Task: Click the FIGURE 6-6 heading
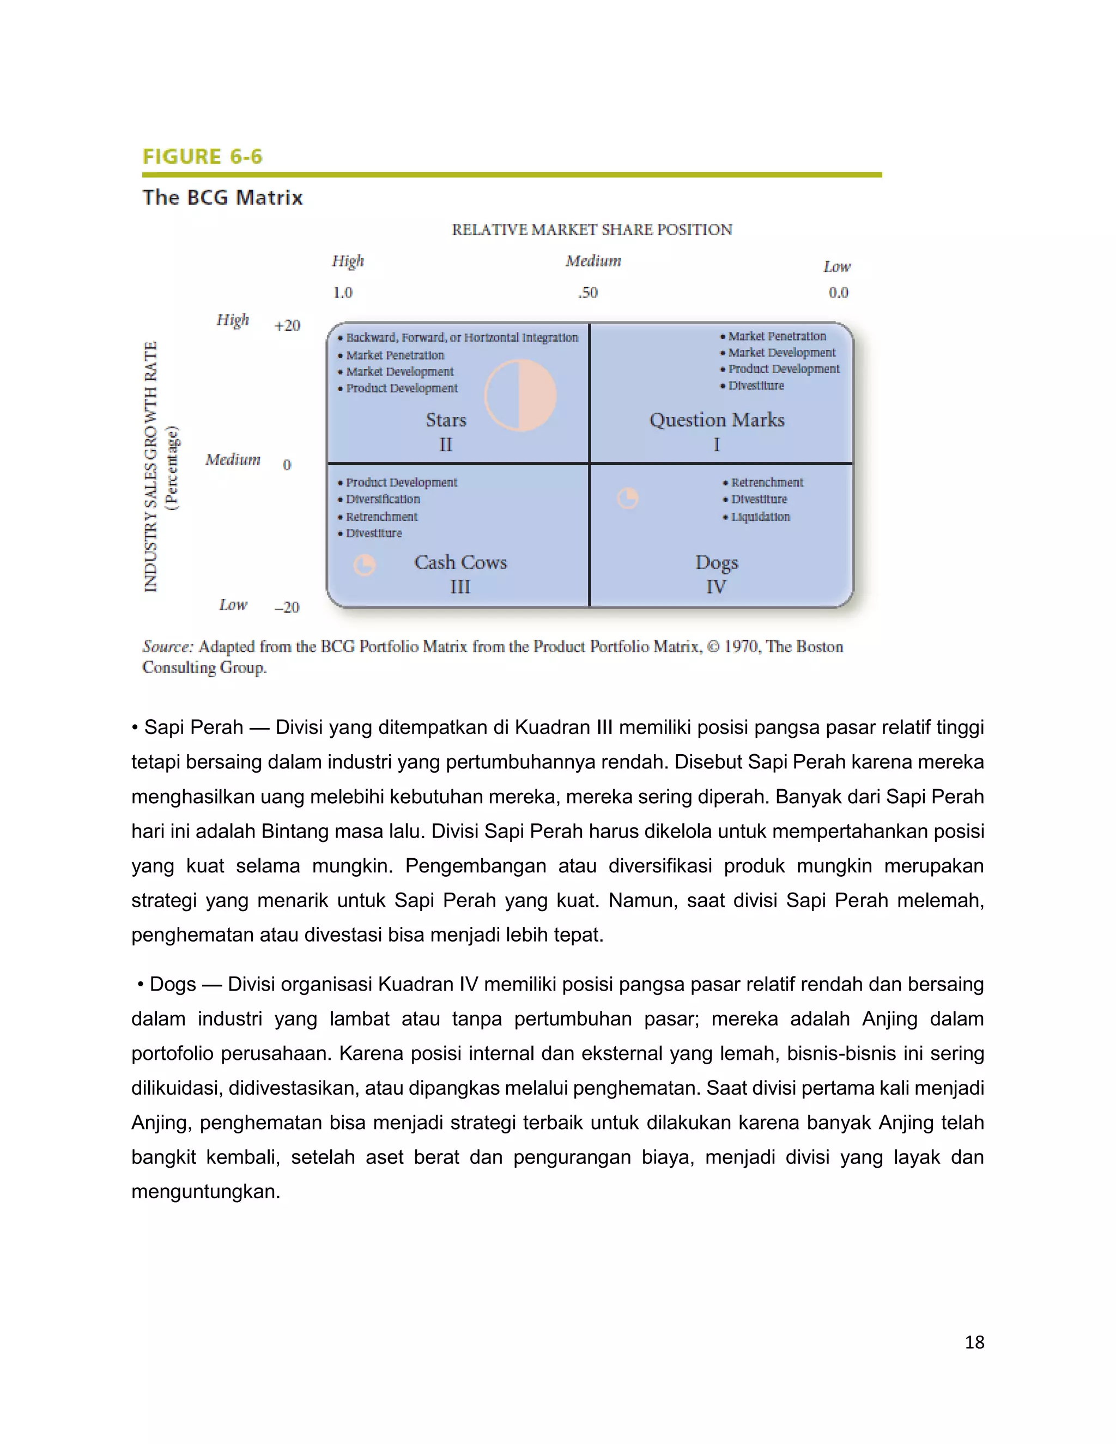click(202, 157)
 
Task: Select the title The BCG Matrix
click(223, 198)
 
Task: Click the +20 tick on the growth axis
click(287, 325)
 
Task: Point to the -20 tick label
click(287, 607)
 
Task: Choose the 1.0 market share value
click(342, 292)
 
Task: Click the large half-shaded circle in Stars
click(520, 396)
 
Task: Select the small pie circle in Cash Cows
click(365, 565)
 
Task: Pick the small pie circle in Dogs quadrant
click(627, 498)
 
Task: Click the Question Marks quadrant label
click(717, 420)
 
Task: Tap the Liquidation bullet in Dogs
click(760, 517)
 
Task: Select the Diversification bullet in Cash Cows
click(383, 499)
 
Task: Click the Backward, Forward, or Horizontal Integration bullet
click(462, 337)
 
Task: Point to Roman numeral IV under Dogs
click(716, 586)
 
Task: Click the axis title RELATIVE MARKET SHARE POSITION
click(592, 229)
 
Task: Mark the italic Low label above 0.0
click(836, 266)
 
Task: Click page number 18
click(974, 1342)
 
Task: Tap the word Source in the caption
click(167, 647)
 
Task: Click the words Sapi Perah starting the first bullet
click(193, 727)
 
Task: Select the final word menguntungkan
click(205, 1191)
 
